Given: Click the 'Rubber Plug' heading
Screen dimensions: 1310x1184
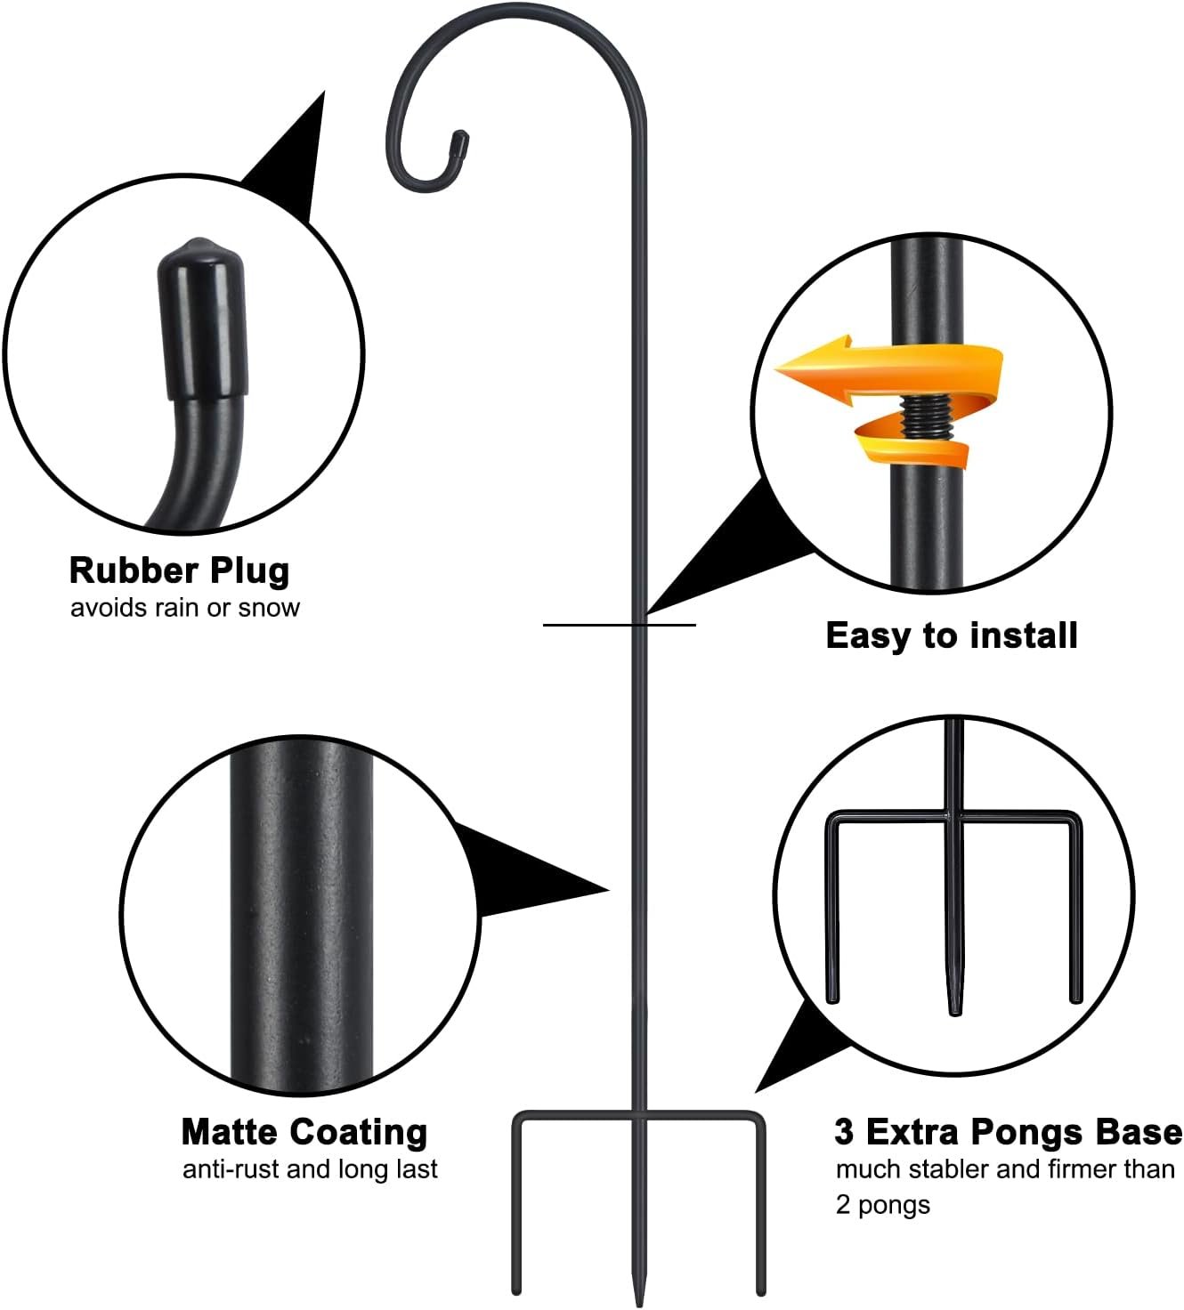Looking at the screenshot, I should click(179, 570).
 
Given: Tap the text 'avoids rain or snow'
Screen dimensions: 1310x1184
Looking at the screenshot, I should click(184, 608).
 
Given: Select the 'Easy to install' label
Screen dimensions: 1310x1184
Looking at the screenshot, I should click(951, 635).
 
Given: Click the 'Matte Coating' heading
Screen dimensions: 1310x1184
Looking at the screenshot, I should click(304, 1132).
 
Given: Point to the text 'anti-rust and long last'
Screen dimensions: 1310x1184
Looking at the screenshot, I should click(310, 1168).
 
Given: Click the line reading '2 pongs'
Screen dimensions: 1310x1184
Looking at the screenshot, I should click(882, 1205).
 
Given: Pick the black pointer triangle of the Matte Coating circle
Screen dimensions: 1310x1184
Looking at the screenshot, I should click(525, 876).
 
